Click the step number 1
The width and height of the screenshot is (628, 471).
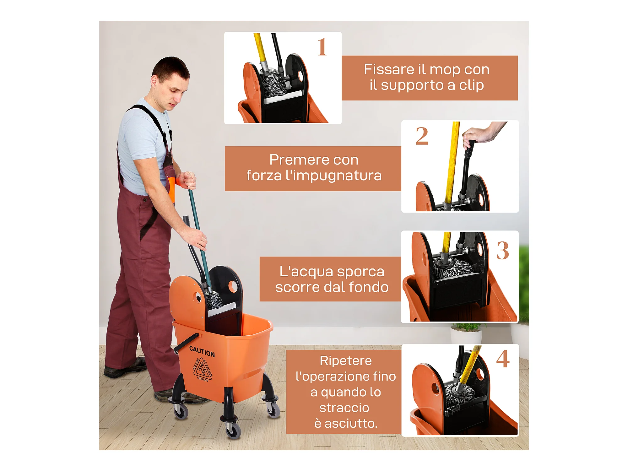pyautogui.click(x=322, y=47)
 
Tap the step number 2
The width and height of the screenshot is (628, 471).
pyautogui.click(x=422, y=136)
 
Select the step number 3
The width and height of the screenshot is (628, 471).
pyautogui.click(x=502, y=251)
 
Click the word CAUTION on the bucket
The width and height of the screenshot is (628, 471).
pyautogui.click(x=202, y=351)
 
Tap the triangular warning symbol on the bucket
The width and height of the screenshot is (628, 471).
pyautogui.click(x=203, y=369)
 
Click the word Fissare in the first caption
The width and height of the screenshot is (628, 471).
pyautogui.click(x=389, y=69)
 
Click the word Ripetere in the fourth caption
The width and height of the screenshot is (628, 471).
pyautogui.click(x=346, y=360)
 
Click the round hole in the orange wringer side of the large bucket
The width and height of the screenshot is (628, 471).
pyautogui.click(x=198, y=297)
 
